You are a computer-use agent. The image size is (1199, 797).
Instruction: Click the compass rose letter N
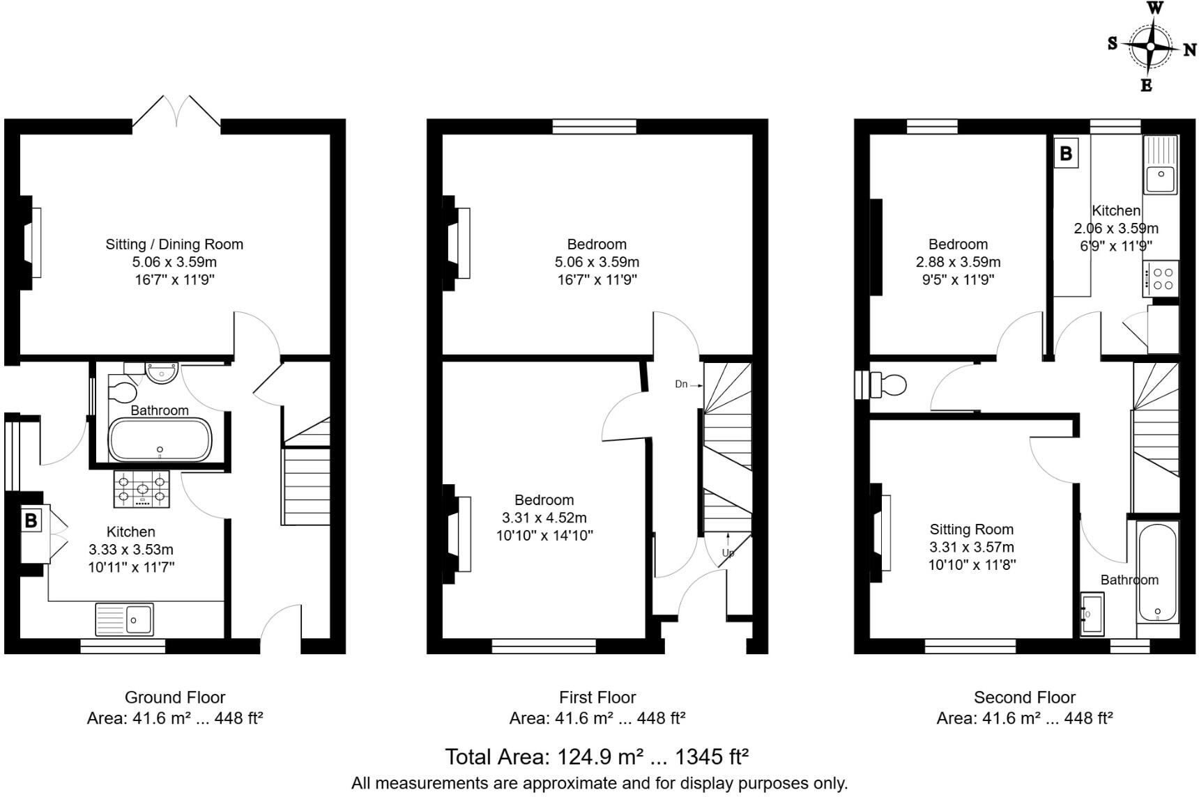coord(1189,50)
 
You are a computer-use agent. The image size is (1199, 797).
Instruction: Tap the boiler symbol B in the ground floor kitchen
coord(31,520)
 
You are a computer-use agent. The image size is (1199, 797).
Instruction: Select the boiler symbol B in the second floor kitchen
coord(1065,153)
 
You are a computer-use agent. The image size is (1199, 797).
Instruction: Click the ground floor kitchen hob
coord(142,488)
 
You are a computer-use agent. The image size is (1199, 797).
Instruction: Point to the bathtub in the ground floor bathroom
coord(160,440)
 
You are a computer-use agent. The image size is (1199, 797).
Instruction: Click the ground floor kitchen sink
coord(125,619)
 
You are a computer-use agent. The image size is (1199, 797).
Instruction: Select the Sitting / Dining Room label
coord(174,245)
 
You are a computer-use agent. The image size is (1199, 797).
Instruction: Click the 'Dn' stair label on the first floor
coord(681,384)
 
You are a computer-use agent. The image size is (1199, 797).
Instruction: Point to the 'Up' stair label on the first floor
coord(728,552)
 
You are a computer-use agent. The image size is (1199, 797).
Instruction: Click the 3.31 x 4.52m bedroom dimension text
coord(544,518)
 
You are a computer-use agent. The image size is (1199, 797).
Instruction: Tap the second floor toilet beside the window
coord(892,385)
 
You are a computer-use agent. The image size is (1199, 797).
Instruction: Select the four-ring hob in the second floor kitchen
coord(1161,278)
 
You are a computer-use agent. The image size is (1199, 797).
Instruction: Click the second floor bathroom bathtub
coord(1157,573)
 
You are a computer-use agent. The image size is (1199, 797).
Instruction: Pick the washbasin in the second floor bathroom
coord(1091,614)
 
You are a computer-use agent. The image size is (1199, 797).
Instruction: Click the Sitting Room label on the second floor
coord(971,529)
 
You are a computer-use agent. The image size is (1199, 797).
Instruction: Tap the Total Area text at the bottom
coord(597,757)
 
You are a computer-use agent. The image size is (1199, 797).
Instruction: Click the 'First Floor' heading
coord(597,697)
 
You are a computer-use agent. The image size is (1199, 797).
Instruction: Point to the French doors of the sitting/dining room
coord(177,114)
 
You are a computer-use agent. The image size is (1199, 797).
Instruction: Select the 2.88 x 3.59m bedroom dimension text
coord(958,263)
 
